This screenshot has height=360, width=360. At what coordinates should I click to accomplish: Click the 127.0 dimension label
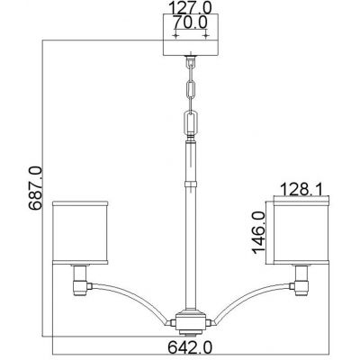[x=190, y=9]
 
